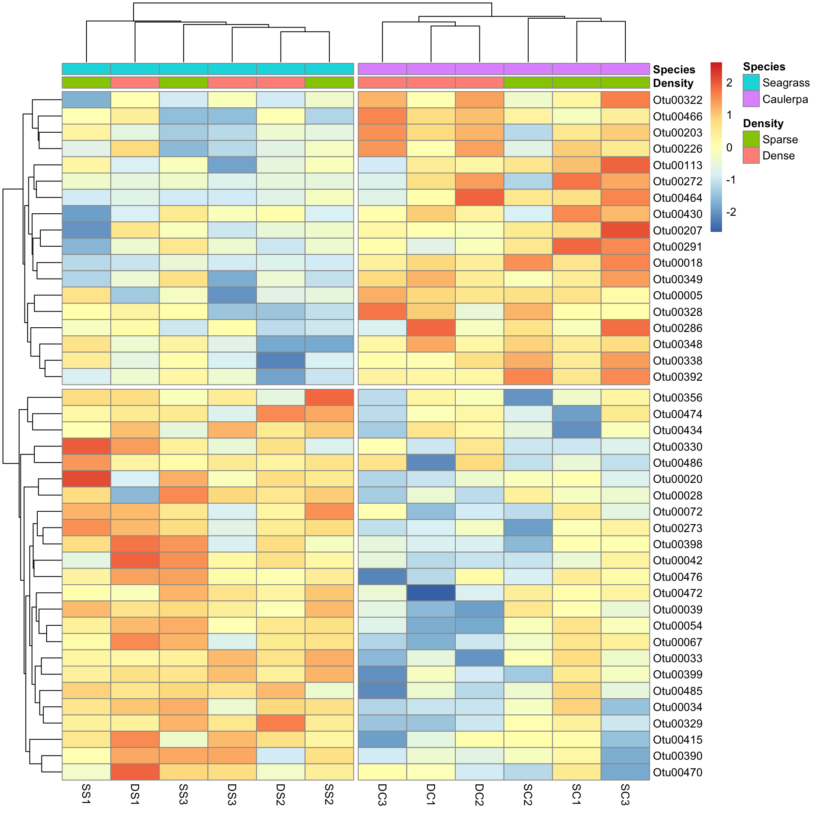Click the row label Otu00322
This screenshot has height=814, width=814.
tap(677, 100)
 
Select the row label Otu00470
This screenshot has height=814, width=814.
tap(677, 772)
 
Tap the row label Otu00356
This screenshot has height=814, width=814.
tap(677, 398)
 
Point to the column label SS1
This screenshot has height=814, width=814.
tap(86, 794)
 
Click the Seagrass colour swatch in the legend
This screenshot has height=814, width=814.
tap(751, 83)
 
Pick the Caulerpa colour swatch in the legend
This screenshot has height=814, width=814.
tap(751, 99)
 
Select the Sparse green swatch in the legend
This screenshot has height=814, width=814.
tap(751, 139)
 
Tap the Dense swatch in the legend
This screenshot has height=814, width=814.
tap(751, 156)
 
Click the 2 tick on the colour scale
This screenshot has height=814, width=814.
tap(729, 83)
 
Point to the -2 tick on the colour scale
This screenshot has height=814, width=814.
tap(731, 212)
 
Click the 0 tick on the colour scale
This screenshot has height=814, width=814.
tap(729, 148)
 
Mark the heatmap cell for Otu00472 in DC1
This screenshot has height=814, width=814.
tap(431, 593)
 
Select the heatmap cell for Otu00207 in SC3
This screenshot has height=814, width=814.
tap(625, 230)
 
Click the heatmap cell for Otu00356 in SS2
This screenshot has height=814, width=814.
tap(329, 397)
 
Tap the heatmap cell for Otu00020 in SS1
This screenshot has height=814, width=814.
tap(86, 479)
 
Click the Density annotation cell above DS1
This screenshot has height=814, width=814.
tap(135, 82)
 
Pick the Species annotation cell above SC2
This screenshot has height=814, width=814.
tap(528, 69)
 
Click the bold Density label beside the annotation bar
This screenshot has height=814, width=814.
tap(673, 83)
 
